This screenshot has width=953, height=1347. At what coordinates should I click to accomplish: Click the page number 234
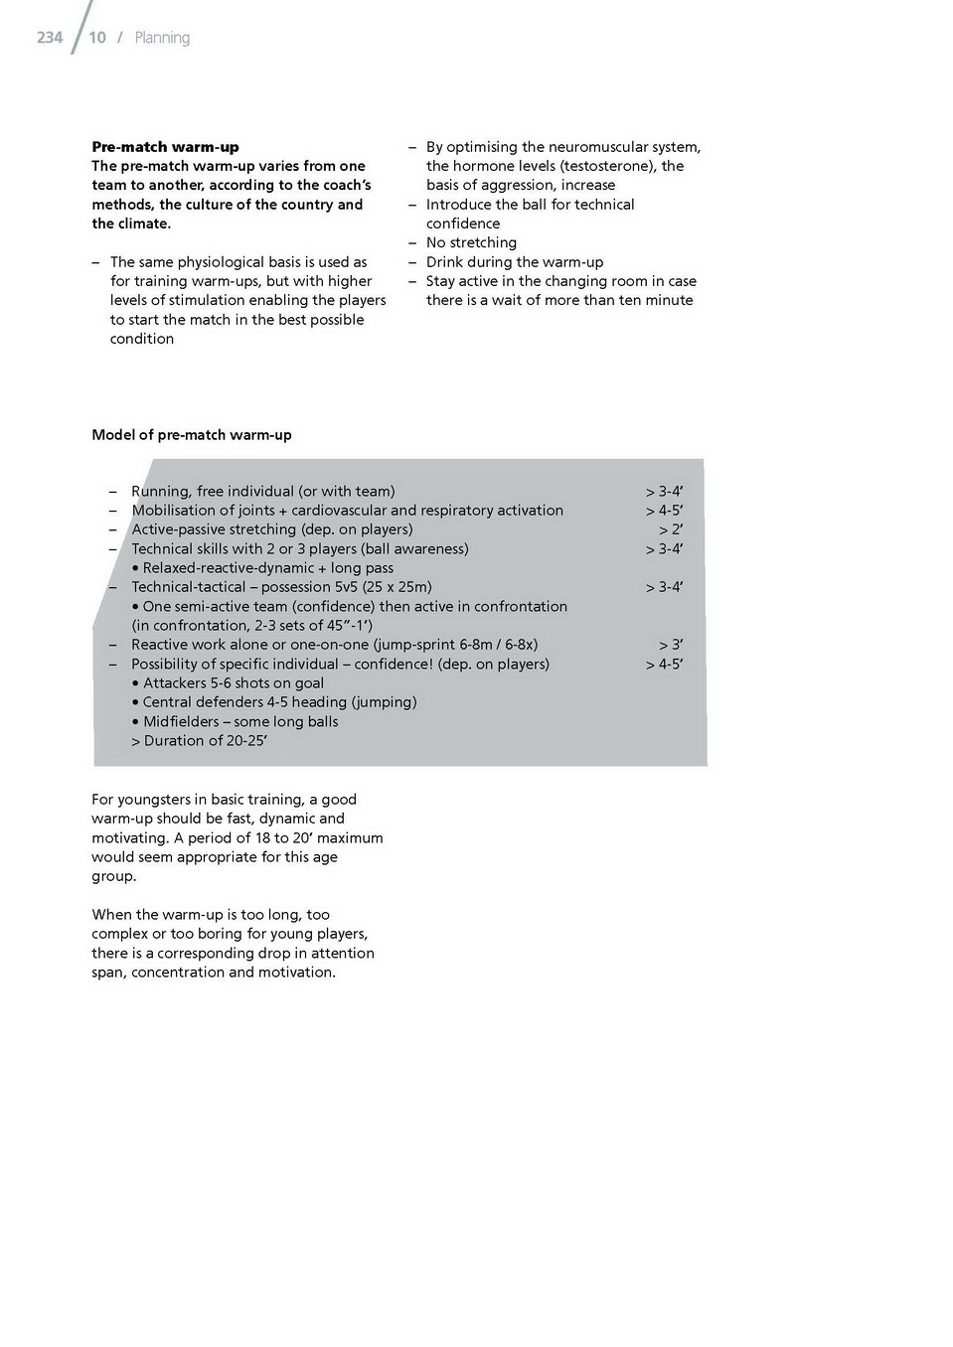pos(50,38)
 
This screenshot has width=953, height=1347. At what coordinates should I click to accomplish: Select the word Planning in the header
pos(162,38)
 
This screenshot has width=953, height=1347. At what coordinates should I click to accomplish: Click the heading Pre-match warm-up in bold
pos(165,147)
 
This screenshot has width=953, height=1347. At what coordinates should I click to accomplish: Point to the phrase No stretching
pos(471,242)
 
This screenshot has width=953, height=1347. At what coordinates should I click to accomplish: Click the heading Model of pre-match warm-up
pos(192,435)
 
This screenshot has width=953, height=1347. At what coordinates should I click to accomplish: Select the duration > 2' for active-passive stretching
pos(671,529)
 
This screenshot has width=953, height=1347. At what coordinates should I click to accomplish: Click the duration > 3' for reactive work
pos(671,645)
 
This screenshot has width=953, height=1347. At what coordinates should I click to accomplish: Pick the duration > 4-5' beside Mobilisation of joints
pos(664,511)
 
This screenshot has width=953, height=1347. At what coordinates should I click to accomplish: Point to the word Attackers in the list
pos(174,683)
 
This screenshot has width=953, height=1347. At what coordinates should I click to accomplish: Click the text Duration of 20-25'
pos(205,741)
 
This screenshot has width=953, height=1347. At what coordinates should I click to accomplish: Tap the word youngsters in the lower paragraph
pos(158,800)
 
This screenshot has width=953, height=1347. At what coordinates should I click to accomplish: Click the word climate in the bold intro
pos(142,224)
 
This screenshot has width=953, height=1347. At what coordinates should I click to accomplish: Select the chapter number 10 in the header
pos(97,38)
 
